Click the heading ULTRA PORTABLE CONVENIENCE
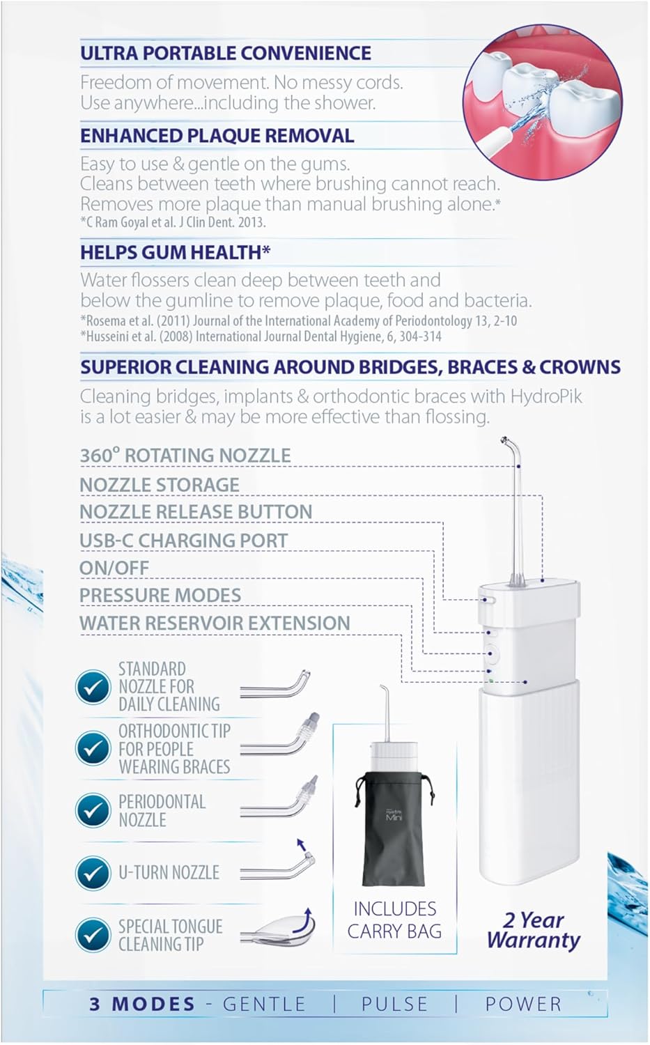tap(226, 53)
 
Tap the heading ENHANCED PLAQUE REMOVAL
tap(217, 136)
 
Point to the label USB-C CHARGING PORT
tap(184, 541)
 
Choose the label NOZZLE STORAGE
tap(160, 485)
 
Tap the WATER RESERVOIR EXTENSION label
tap(215, 624)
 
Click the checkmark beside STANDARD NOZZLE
tap(93, 687)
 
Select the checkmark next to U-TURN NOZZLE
tap(93, 872)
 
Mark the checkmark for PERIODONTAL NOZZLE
tap(93, 811)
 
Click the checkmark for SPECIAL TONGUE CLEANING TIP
tap(93, 935)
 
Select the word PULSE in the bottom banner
tap(395, 1005)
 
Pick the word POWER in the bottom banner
tap(523, 1005)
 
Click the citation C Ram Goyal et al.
tap(173, 222)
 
